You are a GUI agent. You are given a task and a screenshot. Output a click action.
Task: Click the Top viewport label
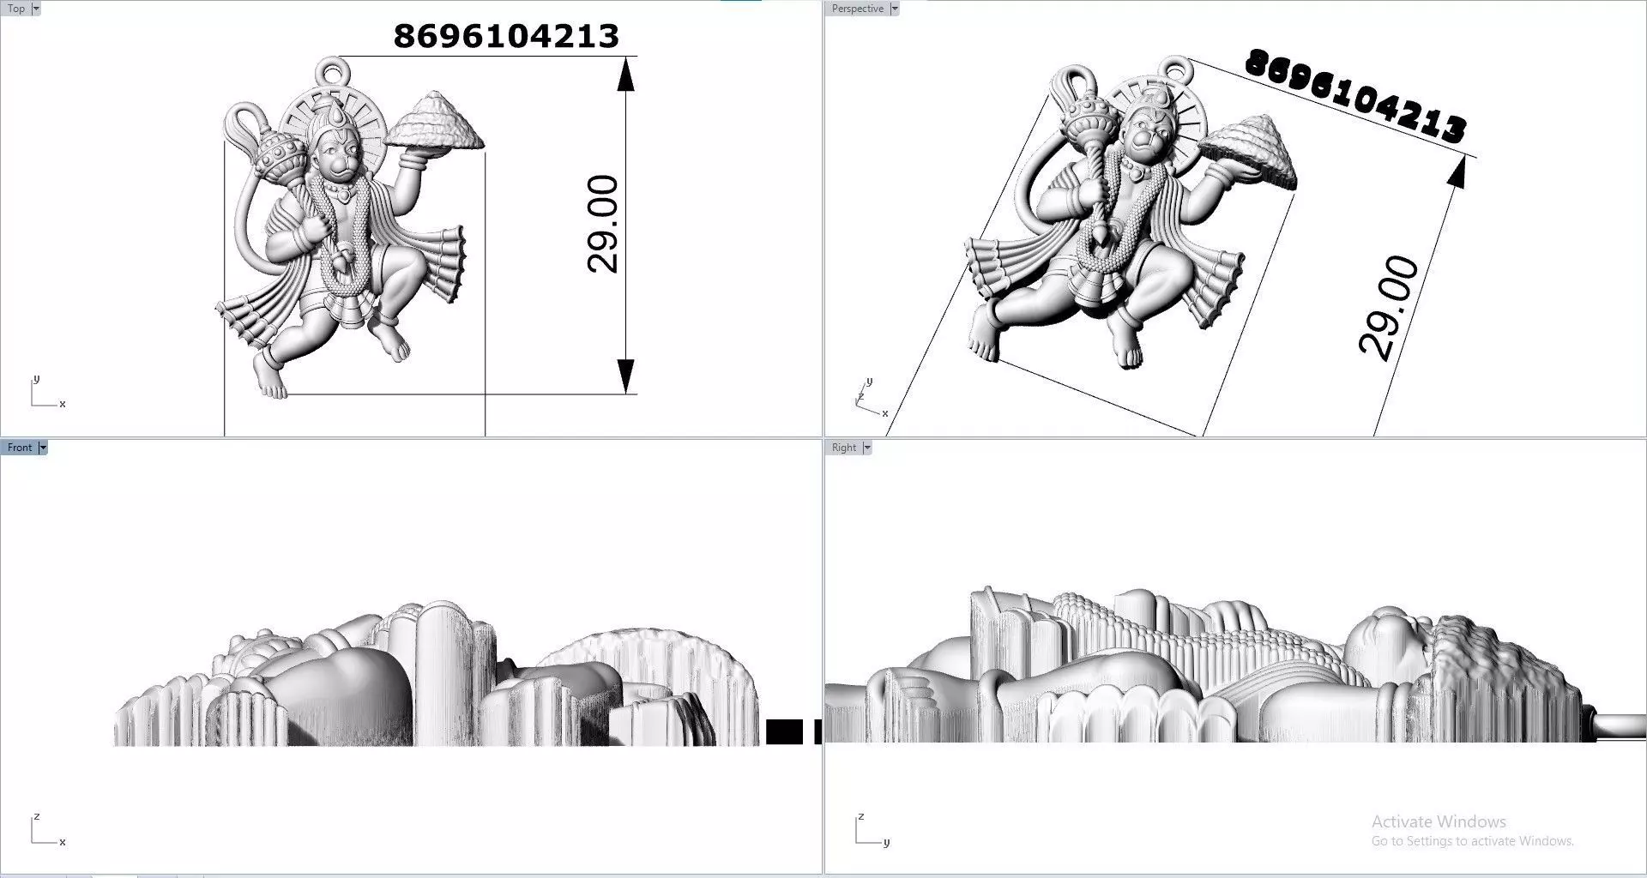[x=16, y=9]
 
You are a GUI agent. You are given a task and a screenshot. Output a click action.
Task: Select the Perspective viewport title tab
[x=857, y=9]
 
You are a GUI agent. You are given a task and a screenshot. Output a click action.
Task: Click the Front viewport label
[x=20, y=448]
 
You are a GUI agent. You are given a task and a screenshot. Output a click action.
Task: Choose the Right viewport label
[x=844, y=448]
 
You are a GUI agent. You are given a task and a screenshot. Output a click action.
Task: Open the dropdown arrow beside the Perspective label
[x=895, y=9]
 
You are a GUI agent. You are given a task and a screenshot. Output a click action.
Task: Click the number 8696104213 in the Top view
[x=506, y=36]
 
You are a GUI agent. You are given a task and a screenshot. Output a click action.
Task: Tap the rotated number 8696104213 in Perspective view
[x=1355, y=95]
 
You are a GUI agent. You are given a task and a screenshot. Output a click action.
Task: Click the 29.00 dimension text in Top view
[x=603, y=224]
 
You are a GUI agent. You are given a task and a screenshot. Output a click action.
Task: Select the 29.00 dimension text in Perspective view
[x=1389, y=308]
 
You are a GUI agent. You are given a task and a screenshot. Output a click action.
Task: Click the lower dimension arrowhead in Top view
[x=626, y=376]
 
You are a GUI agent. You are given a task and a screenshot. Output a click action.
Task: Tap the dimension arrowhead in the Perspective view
[x=1455, y=171]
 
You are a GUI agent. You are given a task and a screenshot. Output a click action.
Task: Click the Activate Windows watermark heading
[x=1439, y=821]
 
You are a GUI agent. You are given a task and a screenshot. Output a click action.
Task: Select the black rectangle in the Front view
[x=784, y=731]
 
